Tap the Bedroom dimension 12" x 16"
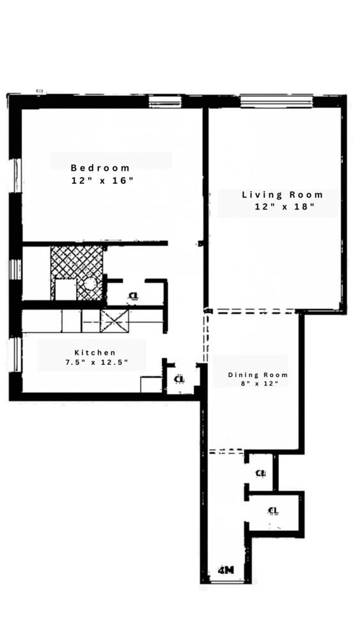coord(102,181)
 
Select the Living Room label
coord(282,195)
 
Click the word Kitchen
coord(95,352)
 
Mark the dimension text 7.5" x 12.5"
coord(97,363)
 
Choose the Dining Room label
coord(258,374)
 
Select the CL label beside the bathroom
coord(133,295)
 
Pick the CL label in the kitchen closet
coord(179,379)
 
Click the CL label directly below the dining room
coord(260,473)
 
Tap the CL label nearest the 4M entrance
coord(274,510)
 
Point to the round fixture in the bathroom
coord(91,282)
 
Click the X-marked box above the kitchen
coord(114,321)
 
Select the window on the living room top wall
coord(276,100)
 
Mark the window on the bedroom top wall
coord(165,100)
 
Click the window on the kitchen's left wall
coord(17,355)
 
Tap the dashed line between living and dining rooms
coord(253,311)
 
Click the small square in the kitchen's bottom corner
coord(152,385)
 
